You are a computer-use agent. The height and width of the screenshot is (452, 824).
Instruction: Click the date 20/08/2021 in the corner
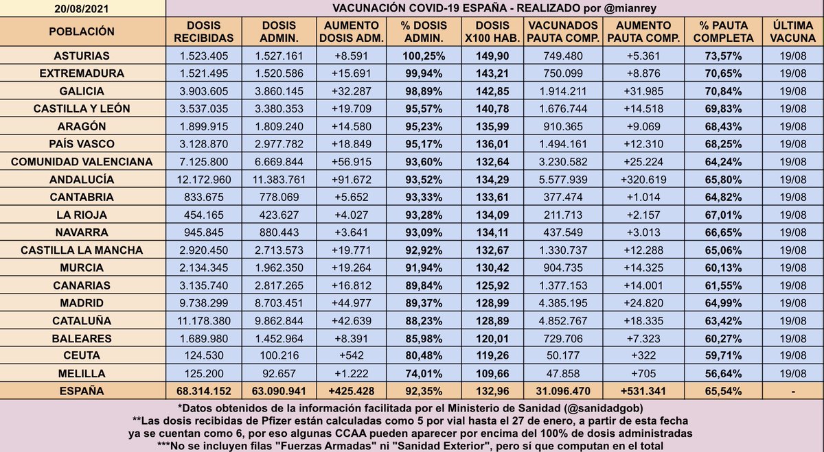[82, 8]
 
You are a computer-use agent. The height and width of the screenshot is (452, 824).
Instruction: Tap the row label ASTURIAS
[82, 56]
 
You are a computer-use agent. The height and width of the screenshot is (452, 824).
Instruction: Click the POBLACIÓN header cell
[82, 32]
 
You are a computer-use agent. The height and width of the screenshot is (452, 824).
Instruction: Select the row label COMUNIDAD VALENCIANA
[82, 162]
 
